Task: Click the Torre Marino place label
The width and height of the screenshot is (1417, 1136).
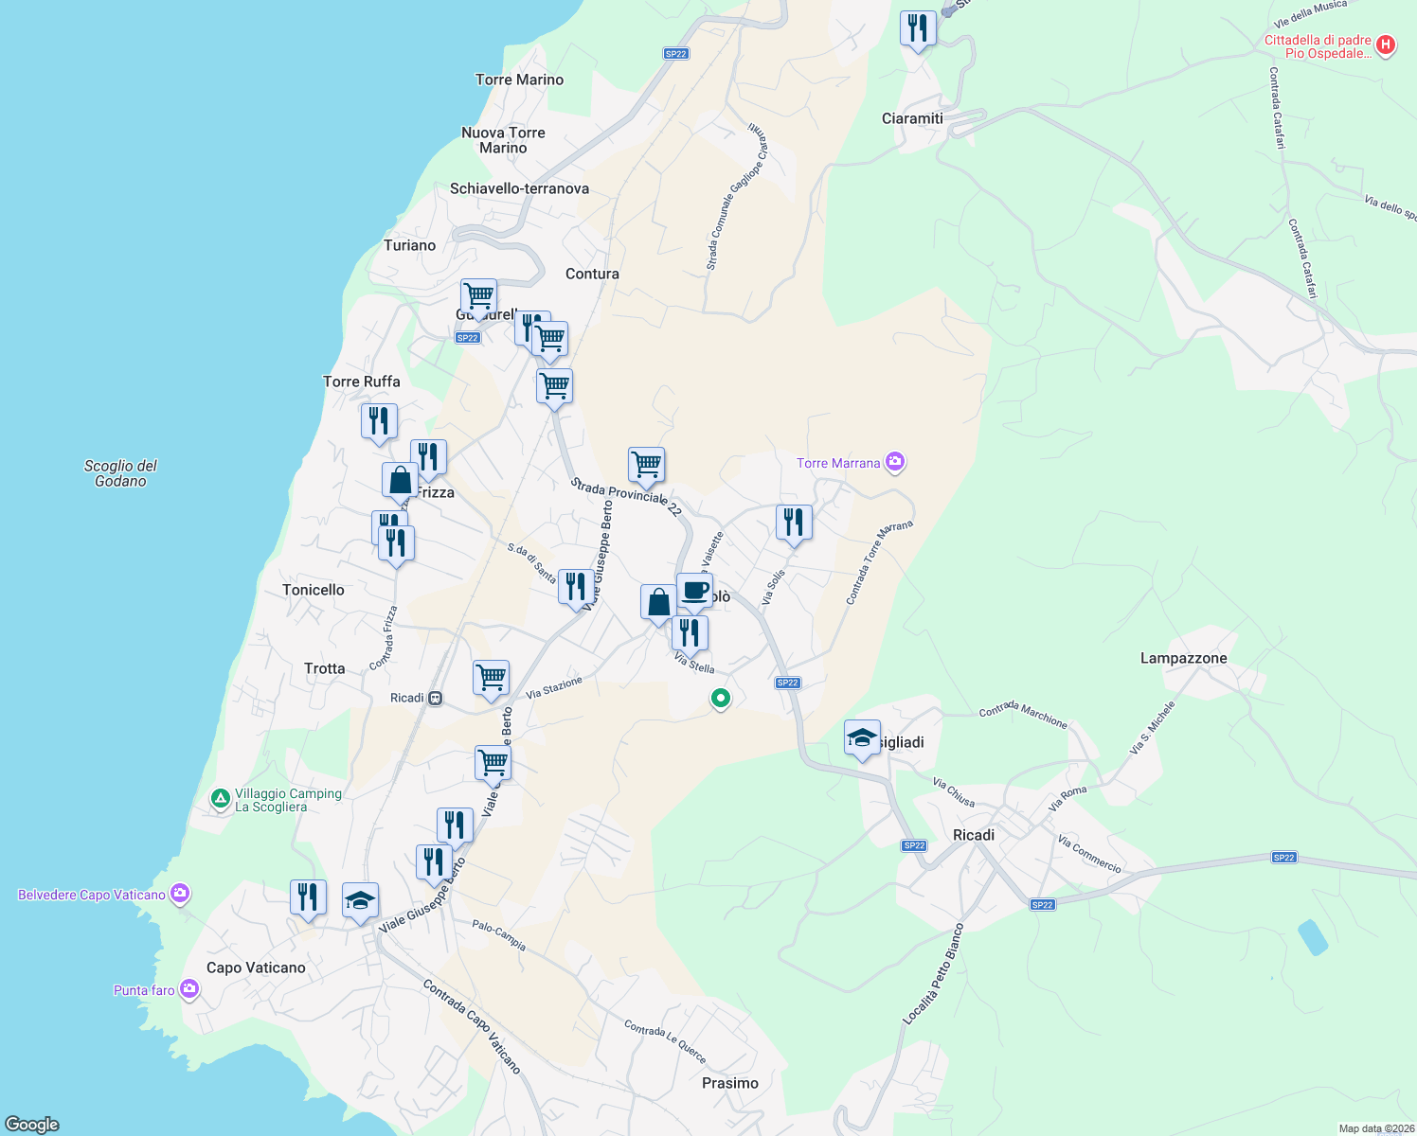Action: [519, 80]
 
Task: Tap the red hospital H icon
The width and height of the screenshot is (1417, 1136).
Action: [1385, 44]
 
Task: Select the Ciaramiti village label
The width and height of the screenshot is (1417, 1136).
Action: [912, 118]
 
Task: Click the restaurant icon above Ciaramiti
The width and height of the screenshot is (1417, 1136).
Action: [917, 28]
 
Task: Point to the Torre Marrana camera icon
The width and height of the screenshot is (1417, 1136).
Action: [895, 462]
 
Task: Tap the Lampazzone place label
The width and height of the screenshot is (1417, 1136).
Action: [1183, 658]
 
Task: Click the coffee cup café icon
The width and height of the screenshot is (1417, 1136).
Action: [694, 591]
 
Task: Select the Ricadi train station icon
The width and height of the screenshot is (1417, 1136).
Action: [435, 698]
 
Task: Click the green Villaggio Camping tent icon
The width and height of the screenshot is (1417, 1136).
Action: [220, 800]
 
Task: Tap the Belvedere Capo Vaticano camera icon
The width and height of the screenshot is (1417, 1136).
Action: [180, 894]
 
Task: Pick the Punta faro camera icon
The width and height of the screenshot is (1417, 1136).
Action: [189, 989]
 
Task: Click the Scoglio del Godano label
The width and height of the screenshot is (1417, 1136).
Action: [120, 473]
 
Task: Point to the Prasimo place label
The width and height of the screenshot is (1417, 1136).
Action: [729, 1083]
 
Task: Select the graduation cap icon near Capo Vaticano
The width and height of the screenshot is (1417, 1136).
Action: [360, 900]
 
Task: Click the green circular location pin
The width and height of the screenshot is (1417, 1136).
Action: [721, 699]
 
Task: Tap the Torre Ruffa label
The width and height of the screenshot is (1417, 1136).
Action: [361, 382]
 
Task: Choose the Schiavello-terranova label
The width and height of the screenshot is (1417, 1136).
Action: [519, 188]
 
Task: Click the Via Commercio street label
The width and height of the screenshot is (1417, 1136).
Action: [1089, 854]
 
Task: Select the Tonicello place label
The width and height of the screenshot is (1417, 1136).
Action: [313, 590]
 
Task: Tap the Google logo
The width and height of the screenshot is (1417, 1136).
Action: [32, 1124]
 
